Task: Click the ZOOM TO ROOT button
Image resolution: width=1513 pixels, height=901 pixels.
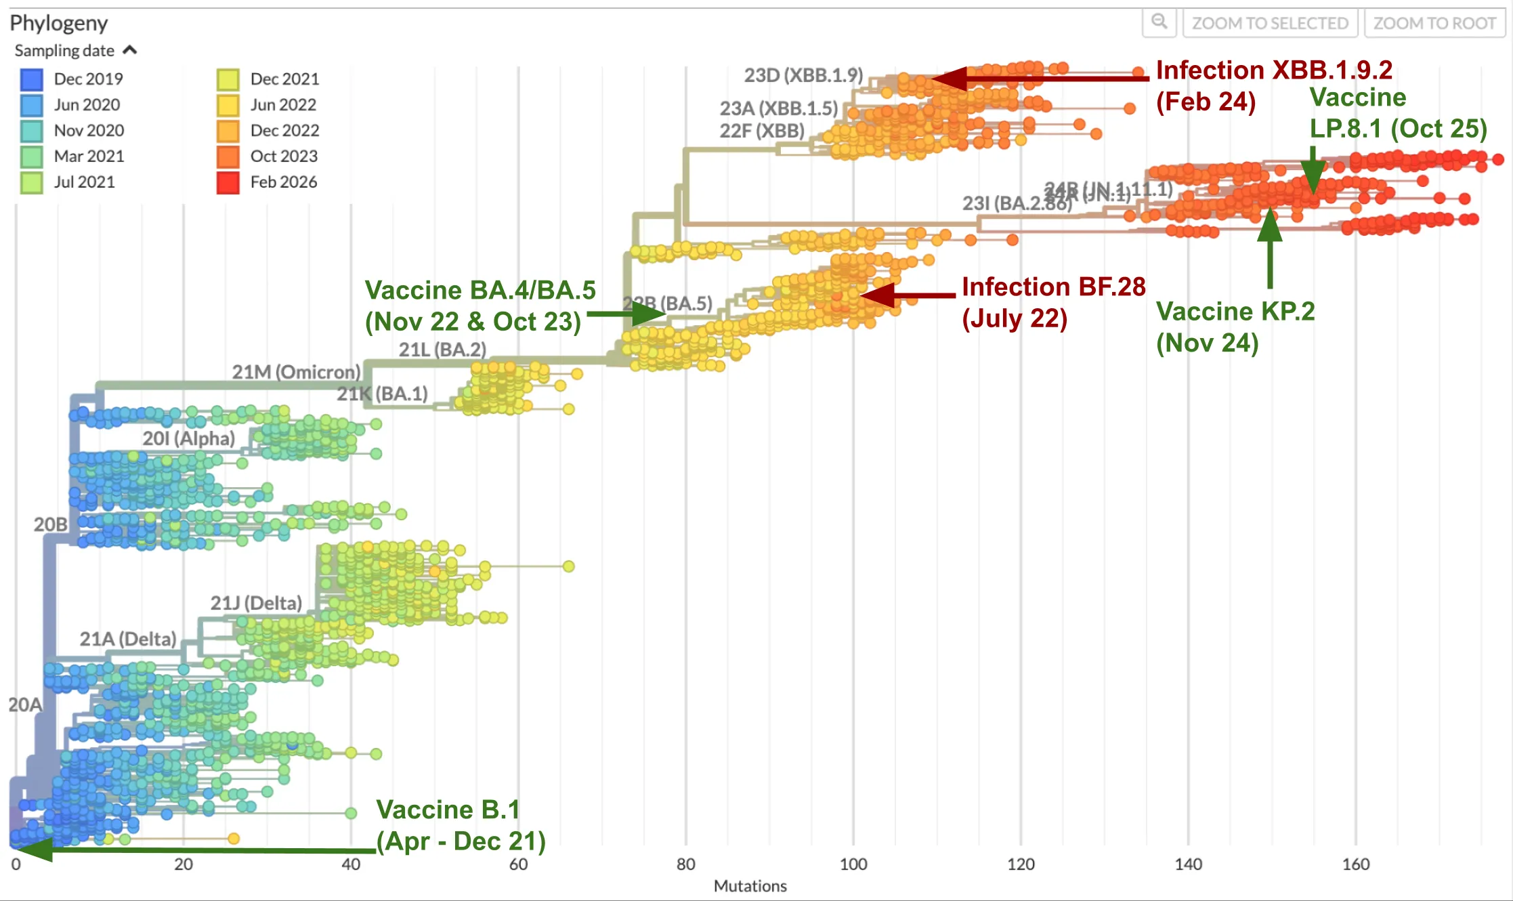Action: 1434,23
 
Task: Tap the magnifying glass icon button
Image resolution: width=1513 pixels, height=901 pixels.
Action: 1159,22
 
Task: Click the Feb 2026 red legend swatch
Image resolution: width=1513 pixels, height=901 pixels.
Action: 228,182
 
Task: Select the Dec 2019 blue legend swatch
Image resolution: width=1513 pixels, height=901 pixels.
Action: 32,79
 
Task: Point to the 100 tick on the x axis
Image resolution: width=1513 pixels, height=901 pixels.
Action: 853,864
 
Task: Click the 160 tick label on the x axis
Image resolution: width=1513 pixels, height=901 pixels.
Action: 1356,864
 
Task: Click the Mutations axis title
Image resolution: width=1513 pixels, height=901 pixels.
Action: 750,886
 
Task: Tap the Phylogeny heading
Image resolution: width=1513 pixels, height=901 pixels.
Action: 59,23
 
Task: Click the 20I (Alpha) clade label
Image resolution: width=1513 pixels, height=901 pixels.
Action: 188,438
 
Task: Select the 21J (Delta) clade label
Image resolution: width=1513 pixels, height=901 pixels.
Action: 256,603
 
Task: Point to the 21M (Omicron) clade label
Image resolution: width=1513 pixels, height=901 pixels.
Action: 296,372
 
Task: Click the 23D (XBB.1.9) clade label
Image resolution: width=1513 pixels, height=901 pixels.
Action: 803,75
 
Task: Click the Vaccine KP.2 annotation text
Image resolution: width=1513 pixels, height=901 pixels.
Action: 1235,327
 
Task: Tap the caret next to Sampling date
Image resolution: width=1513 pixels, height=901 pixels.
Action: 130,50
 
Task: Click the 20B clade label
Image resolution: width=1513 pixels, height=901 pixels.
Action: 50,524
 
